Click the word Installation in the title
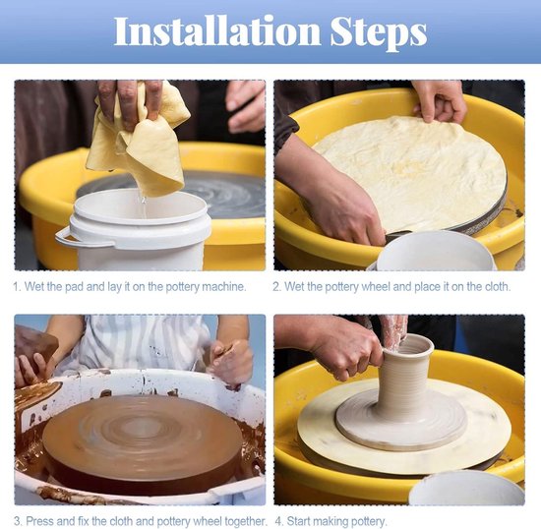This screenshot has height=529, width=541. (x=217, y=30)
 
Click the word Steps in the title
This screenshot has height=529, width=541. (x=379, y=32)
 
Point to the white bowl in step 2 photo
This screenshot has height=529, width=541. (x=436, y=251)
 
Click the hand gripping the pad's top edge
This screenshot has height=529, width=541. (x=439, y=100)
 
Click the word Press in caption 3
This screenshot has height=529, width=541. (x=39, y=521)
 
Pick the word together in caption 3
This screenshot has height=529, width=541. (x=245, y=521)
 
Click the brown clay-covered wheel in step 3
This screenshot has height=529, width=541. (x=143, y=441)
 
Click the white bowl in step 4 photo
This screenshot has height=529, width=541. (x=466, y=489)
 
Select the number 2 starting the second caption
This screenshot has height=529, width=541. (x=275, y=287)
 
